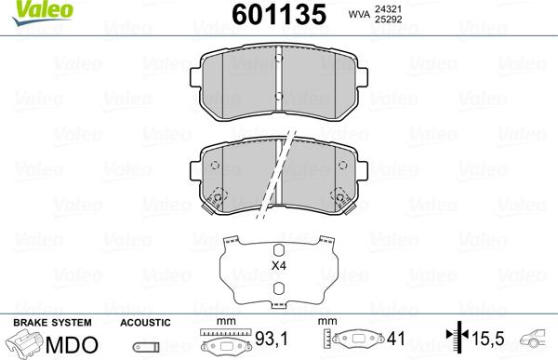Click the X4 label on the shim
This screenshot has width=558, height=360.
(278, 265)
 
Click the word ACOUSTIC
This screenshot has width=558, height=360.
(145, 322)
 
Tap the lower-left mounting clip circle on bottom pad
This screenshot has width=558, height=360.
(219, 197)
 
